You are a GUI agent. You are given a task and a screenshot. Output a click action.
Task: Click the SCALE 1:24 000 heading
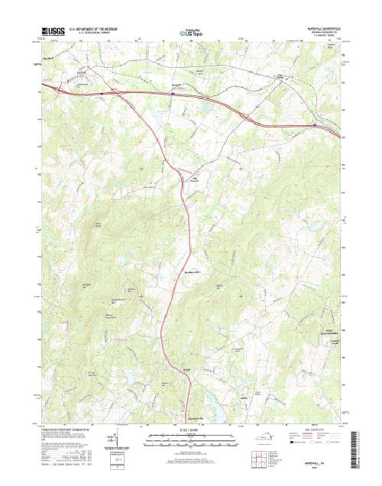point(191,431)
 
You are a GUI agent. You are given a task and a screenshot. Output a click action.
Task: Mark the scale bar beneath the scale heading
point(191,438)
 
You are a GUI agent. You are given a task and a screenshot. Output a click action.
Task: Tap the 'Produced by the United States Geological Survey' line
point(73,430)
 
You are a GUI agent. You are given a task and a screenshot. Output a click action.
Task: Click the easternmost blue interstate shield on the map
point(314,124)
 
